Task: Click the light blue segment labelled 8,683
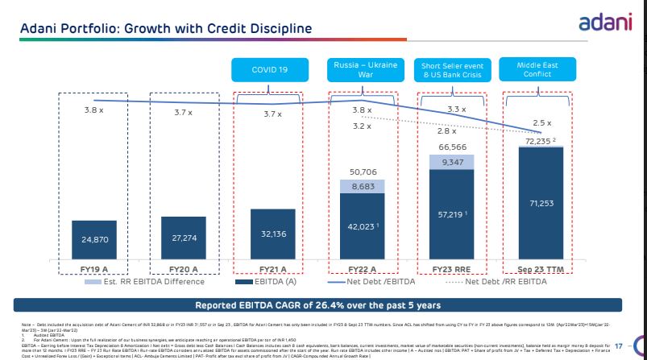tap(362, 186)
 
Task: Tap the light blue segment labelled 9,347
tap(450, 163)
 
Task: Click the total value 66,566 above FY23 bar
tap(451, 147)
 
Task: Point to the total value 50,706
tap(362, 172)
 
